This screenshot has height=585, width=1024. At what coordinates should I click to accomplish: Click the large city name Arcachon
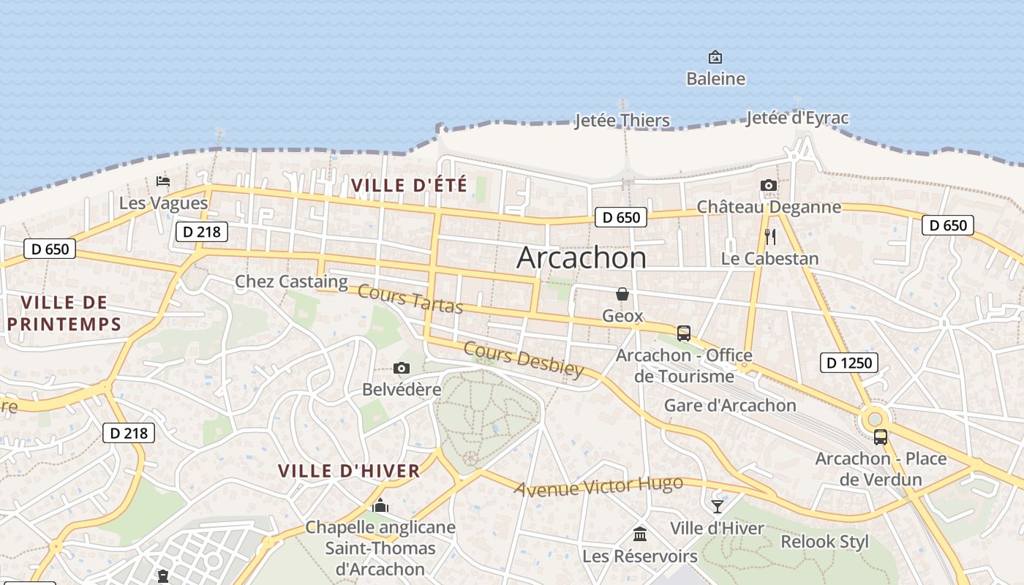pyautogui.click(x=581, y=258)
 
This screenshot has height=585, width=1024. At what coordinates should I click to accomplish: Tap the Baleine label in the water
pyautogui.click(x=715, y=78)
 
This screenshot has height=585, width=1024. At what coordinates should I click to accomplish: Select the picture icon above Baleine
pyautogui.click(x=715, y=57)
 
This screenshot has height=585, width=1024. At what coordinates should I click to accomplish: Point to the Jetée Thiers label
pyautogui.click(x=622, y=121)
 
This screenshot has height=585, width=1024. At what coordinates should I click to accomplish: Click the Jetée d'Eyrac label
pyautogui.click(x=797, y=118)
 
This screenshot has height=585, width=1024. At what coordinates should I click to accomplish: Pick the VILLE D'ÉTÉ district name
pyautogui.click(x=409, y=185)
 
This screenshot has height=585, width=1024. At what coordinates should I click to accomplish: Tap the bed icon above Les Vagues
pyautogui.click(x=163, y=181)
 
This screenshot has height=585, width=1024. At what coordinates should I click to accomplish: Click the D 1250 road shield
pyautogui.click(x=848, y=362)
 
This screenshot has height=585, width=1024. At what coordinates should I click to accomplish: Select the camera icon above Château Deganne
pyautogui.click(x=768, y=186)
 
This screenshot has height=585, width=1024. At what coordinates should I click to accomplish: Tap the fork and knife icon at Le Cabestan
pyautogui.click(x=769, y=237)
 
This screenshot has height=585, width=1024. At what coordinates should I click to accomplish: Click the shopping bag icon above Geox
pyautogui.click(x=622, y=294)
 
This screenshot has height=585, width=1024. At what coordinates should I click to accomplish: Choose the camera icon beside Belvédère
pyautogui.click(x=401, y=368)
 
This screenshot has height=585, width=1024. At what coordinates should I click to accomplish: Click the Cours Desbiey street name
pyautogui.click(x=524, y=358)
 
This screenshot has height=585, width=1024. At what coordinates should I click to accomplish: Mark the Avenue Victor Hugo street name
pyautogui.click(x=598, y=486)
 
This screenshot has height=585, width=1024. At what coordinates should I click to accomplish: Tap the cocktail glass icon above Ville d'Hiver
pyautogui.click(x=717, y=506)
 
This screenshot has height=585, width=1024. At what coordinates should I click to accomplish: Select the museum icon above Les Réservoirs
pyautogui.click(x=640, y=534)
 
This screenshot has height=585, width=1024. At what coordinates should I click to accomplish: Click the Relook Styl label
pyautogui.click(x=824, y=542)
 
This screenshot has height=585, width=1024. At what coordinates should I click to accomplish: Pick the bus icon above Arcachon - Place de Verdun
pyautogui.click(x=881, y=437)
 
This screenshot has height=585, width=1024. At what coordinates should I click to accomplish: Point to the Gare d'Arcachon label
pyautogui.click(x=730, y=405)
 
